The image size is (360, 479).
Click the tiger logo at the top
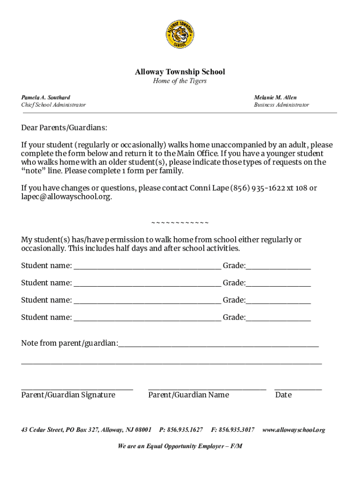tap(180, 35)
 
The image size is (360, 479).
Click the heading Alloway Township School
tap(180, 72)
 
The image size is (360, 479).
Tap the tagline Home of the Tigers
tap(180, 81)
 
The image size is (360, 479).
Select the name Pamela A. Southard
tap(46, 97)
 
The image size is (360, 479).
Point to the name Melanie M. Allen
tap(275, 97)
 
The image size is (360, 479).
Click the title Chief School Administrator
tap(53, 105)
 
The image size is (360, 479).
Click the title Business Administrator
tap(281, 105)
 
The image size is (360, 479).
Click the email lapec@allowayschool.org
tap(66, 197)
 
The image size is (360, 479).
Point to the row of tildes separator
tap(180, 222)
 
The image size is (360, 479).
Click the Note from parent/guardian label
tap(69, 343)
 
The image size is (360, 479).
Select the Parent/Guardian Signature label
tap(68, 395)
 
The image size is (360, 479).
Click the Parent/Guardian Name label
tap(188, 395)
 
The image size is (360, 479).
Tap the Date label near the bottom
tap(283, 395)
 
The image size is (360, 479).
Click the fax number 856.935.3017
tap(233, 429)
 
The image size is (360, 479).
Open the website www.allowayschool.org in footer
tap(294, 429)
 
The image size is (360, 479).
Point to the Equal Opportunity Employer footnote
tap(180, 446)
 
